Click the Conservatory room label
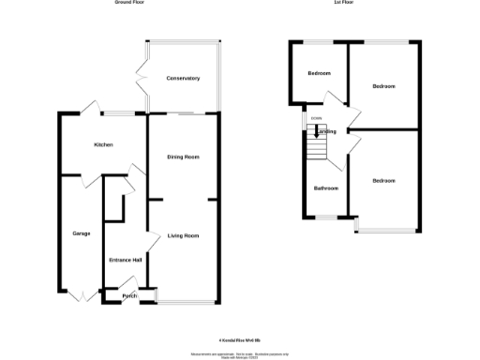click(x=183, y=78)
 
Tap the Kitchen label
click(x=103, y=145)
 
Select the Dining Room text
click(x=183, y=157)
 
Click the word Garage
click(x=81, y=232)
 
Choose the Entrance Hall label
click(x=125, y=260)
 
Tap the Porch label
click(x=128, y=296)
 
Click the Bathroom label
click(x=325, y=188)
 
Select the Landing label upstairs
click(x=326, y=132)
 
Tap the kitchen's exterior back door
click(x=86, y=110)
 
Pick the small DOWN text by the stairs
click(x=317, y=119)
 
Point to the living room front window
click(x=187, y=303)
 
